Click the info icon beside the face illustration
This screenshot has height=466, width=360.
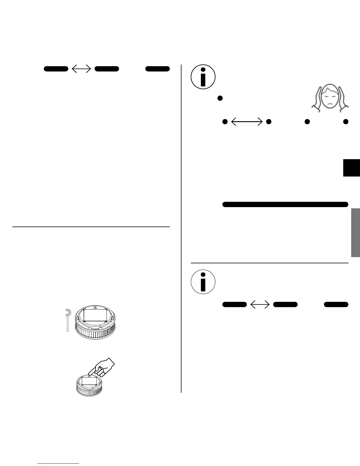click(203, 76)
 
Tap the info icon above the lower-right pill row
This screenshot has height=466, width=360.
click(203, 282)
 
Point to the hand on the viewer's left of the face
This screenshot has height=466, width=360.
click(317, 99)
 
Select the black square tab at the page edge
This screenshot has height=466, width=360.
click(351, 167)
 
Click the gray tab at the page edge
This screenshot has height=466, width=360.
click(355, 232)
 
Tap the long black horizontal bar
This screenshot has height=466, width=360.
click(285, 204)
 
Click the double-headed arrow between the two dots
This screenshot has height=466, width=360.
click(247, 122)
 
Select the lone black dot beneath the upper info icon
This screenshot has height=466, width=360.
click(219, 98)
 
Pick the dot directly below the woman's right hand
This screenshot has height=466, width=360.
click(346, 122)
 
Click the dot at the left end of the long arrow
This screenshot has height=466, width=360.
click(225, 122)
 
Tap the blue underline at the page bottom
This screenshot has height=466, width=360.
click(59, 464)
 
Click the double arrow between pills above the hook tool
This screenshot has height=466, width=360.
click(81, 69)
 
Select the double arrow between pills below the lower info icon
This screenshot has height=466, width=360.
click(260, 304)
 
